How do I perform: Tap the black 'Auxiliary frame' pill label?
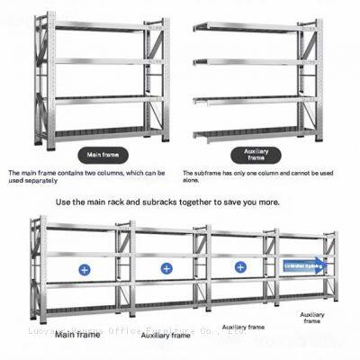tap(256, 155)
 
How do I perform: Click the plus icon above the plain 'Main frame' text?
tap(84, 268)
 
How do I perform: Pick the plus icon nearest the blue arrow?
tap(240, 267)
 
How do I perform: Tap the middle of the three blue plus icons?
tap(166, 268)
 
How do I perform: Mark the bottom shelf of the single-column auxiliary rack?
tap(255, 133)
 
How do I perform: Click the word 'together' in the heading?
tap(197, 202)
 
